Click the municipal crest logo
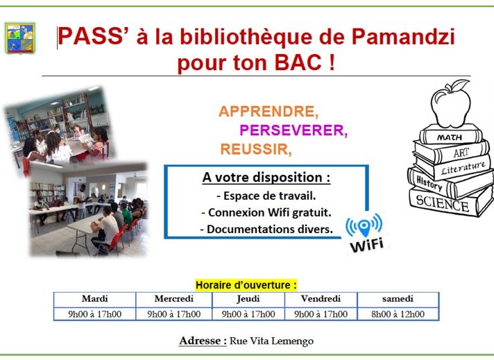coord(20,38)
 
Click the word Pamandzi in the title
coord(403,37)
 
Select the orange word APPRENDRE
coord(269,112)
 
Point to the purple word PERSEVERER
coord(293,130)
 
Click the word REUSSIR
coord(256,149)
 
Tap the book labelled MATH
coord(451,135)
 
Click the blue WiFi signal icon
coord(364,225)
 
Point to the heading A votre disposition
coord(266,178)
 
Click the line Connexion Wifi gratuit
coord(266,212)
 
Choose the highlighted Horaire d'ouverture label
coord(246,285)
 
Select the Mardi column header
coord(95,298)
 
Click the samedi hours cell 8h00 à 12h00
coord(398,314)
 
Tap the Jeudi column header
coord(248,298)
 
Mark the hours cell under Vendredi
coord(321,314)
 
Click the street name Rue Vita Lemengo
coord(271,341)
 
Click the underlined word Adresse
coord(203,341)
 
